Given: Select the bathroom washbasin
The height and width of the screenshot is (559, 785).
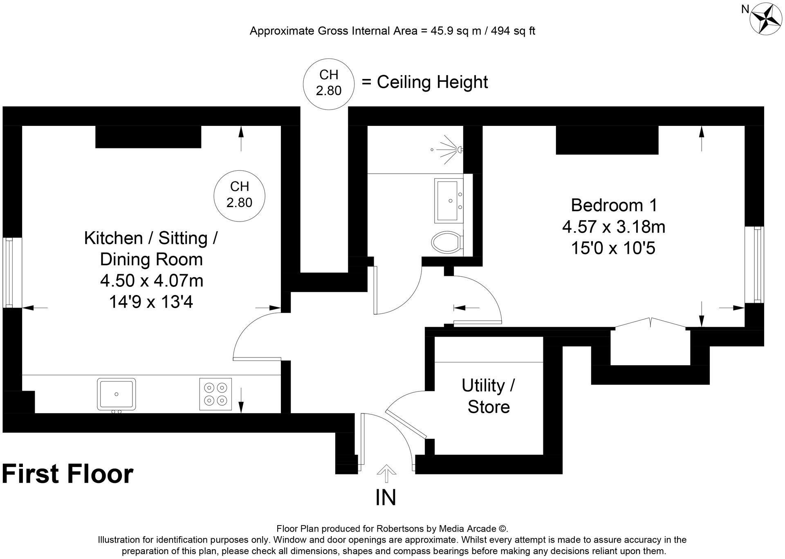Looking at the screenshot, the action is (449, 201).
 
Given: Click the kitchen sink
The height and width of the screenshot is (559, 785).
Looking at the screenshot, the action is (117, 394).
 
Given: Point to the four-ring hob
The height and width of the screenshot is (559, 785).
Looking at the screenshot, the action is (215, 394).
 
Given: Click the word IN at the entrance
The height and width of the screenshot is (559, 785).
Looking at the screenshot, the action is (386, 498).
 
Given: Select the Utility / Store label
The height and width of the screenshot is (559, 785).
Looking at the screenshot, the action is (489, 396).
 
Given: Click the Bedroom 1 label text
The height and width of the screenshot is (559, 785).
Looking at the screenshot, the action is (614, 205).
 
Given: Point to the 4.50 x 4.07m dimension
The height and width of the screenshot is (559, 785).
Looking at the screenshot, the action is (152, 281).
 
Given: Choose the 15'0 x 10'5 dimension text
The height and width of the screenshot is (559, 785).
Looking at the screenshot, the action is (613, 248).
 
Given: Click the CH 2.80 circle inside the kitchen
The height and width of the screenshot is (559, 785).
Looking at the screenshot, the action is (240, 196).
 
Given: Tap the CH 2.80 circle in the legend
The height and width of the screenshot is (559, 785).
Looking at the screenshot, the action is (328, 84).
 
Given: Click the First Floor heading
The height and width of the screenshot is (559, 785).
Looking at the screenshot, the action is (68, 474).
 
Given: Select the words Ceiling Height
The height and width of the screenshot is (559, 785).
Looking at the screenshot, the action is (432, 82).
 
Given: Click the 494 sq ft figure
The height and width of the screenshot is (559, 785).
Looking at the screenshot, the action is (513, 31).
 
